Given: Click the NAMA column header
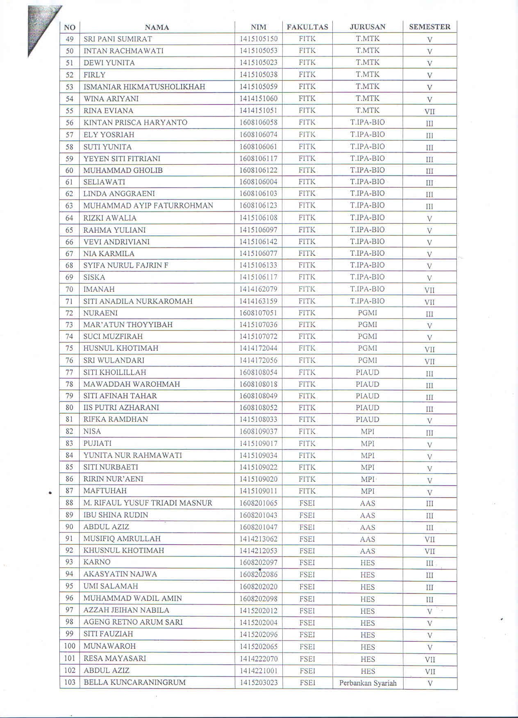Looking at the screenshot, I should tap(157, 27).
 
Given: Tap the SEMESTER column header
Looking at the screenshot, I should tap(429, 27).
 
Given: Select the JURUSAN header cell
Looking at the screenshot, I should tap(367, 27).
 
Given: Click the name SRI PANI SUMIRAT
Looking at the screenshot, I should tap(118, 39).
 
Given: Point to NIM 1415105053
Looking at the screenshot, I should tap(258, 51).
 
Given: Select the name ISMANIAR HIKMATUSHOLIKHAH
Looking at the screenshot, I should tap(144, 87).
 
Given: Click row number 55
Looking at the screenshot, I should tap(70, 111).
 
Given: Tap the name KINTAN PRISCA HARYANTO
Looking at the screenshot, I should tap(135, 123).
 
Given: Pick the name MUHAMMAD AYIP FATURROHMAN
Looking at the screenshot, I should tap(148, 206).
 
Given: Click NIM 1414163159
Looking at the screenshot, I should tap(258, 301).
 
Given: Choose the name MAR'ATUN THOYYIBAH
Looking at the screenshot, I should tap(128, 325).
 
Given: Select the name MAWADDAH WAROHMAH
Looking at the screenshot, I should tap(132, 384).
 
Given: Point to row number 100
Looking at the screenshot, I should tap(70, 646).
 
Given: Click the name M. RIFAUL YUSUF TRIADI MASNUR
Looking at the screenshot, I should tap(148, 503).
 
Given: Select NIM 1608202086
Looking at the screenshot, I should tap(258, 575).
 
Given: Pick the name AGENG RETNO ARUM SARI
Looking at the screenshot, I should tap(133, 622).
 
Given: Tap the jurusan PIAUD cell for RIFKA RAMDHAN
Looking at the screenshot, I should tap(367, 420).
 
